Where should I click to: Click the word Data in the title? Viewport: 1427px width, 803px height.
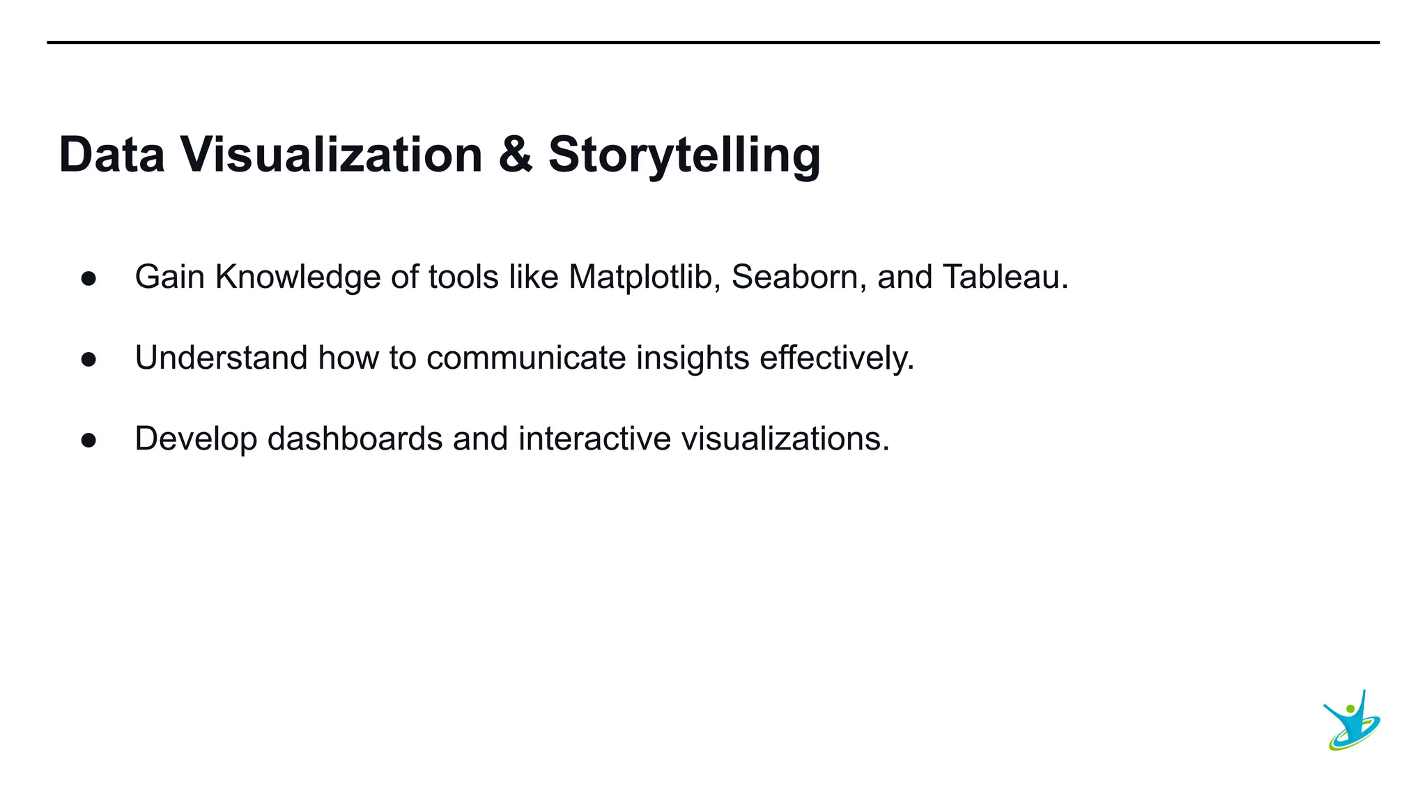pyautogui.click(x=112, y=154)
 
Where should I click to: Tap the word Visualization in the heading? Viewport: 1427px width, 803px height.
pyautogui.click(x=332, y=154)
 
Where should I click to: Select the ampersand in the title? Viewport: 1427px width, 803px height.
pyautogui.click(x=516, y=154)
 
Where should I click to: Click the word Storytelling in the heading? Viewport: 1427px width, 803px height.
pyautogui.click(x=684, y=155)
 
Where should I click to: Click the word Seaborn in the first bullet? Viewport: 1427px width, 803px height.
pyautogui.click(x=799, y=277)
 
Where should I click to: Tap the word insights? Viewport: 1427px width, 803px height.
pyautogui.click(x=693, y=358)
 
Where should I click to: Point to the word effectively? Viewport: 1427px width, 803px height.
pyautogui.click(x=836, y=358)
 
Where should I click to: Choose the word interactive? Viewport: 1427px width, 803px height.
pyautogui.click(x=594, y=439)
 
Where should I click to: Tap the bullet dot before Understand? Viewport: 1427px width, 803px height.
pyautogui.click(x=88, y=360)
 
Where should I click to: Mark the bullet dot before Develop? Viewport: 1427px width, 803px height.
pyautogui.click(x=88, y=441)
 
